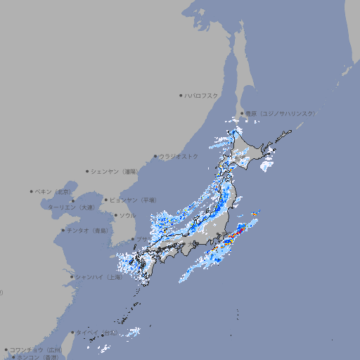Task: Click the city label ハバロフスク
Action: point(202,95)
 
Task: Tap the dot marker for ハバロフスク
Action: point(181,95)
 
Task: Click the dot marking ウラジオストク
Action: point(155,156)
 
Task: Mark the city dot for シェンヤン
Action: point(88,171)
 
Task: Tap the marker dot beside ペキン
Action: point(32,191)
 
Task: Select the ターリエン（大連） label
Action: point(71,208)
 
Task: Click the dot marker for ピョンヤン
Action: point(106,200)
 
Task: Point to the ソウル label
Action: point(127,215)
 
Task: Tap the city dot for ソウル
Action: point(115,215)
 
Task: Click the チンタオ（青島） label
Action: point(88,230)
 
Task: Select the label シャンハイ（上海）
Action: point(99,277)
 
